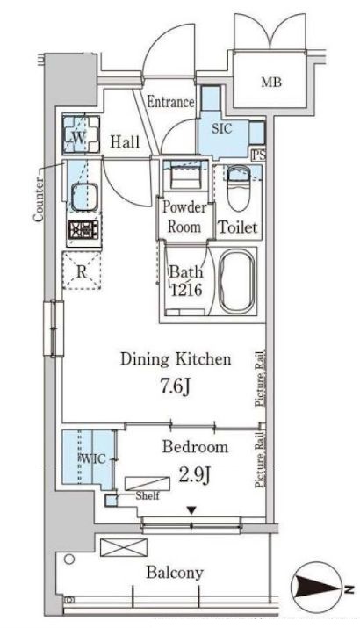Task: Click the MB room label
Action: coord(271,83)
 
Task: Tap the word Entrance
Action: coord(170,102)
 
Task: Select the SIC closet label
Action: coord(222,129)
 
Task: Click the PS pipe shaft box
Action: coord(259,155)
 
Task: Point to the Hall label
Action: coord(125,141)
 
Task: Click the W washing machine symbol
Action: coord(81,134)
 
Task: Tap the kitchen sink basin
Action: coord(84,196)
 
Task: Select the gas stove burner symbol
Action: coord(83,230)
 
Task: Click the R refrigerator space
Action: coord(82,271)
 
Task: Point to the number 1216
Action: coord(187,289)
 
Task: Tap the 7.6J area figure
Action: coord(176,386)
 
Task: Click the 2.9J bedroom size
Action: coord(195,474)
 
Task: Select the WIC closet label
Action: coord(94,458)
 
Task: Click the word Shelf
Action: coord(148,496)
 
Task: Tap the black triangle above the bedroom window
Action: coord(191,510)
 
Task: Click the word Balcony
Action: coord(175,574)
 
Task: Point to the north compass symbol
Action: coord(319,587)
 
